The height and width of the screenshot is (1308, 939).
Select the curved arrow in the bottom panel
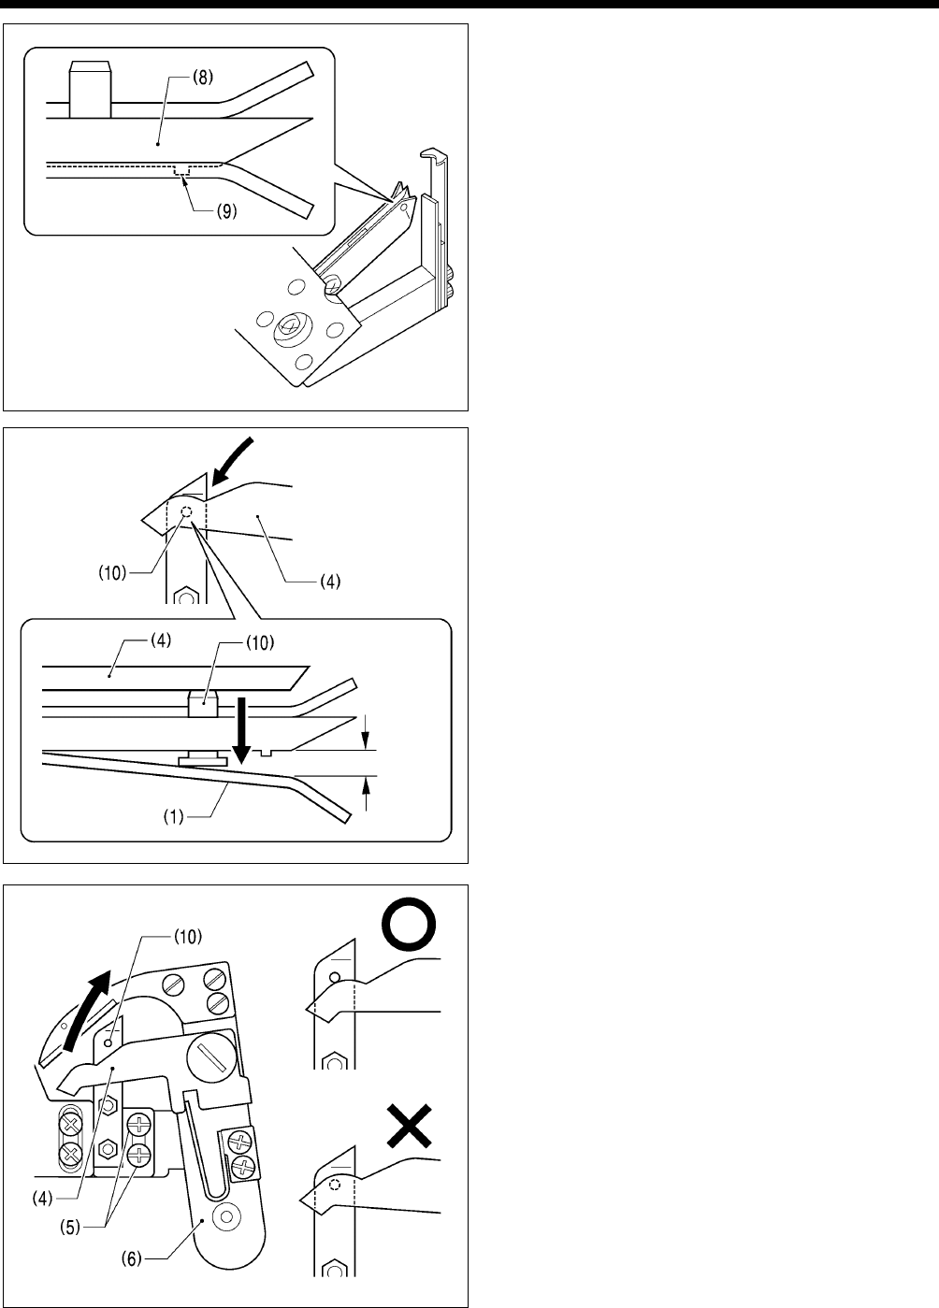[x=94, y=1001]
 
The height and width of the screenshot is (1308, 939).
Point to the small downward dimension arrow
[x=367, y=730]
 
